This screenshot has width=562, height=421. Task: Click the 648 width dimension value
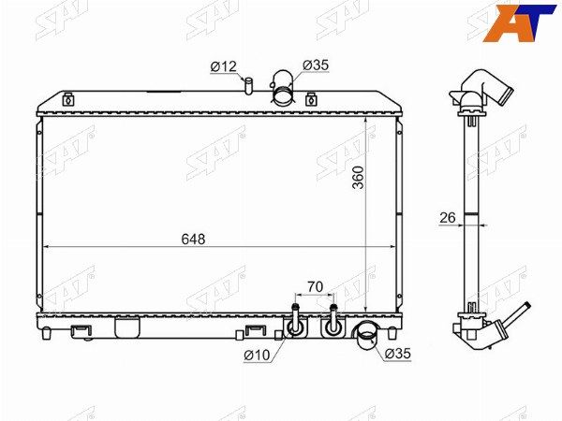coord(193,240)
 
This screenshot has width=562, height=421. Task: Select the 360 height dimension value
coord(358,177)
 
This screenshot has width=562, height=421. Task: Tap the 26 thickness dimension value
coord(448,217)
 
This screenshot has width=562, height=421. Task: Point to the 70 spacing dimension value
coord(315,286)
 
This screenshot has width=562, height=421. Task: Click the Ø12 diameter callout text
coord(224,66)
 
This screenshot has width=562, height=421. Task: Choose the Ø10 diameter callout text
coord(257,355)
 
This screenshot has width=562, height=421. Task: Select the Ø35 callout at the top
coord(316,65)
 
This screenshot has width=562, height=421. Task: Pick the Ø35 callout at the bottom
coord(398,354)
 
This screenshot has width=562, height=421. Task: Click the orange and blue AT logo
coord(519,22)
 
